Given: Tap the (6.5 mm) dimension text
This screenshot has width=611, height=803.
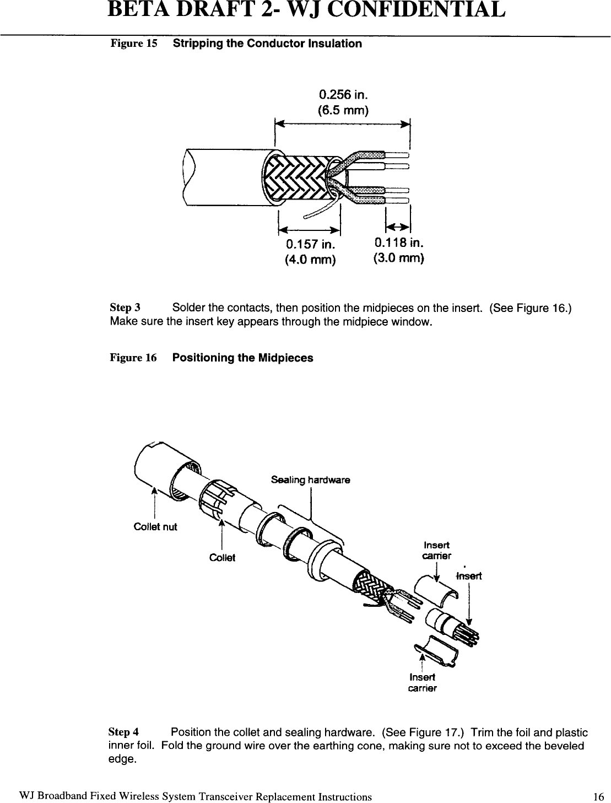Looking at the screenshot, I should point(343,110).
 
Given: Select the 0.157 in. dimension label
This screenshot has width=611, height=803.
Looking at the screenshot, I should point(310,244).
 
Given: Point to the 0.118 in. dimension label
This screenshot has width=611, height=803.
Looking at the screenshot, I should point(398,242).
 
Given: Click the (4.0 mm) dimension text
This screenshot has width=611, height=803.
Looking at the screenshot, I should point(310,259).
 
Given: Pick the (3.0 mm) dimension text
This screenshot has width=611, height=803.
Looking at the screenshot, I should point(398,257).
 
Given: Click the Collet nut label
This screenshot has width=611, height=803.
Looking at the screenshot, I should point(155,526).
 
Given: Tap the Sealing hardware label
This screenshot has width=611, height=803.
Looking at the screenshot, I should point(311,479).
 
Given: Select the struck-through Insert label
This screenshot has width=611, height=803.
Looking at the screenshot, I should point(469,576).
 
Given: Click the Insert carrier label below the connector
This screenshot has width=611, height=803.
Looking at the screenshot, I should point(422,683).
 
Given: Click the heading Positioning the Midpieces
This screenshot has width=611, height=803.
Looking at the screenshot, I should point(242,358).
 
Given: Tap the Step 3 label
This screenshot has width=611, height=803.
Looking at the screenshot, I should point(125,307).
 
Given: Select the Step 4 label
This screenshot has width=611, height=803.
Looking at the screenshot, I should point(124,732).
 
